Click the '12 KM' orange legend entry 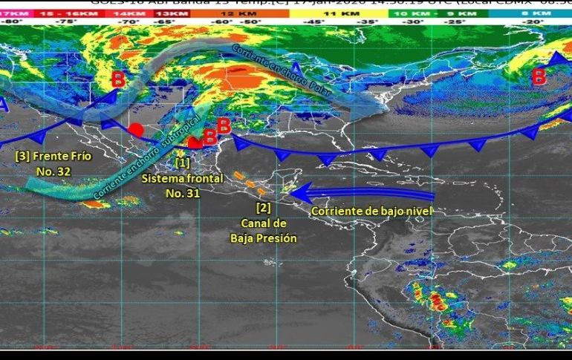(227, 13)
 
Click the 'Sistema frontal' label (182, 179)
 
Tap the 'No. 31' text (183, 193)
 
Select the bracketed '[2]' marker (263, 207)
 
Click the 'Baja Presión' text (263, 238)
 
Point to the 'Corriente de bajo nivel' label (371, 211)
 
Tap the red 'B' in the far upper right (539, 75)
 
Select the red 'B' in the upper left (117, 79)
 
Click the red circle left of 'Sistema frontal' (135, 130)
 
